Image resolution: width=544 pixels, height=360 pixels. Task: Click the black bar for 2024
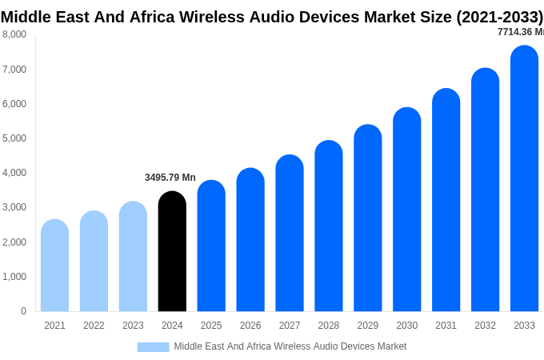pyautogui.click(x=172, y=251)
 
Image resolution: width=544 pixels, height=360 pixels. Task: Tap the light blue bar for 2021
pyautogui.click(x=54, y=266)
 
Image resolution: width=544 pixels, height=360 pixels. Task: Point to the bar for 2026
pyautogui.click(x=250, y=240)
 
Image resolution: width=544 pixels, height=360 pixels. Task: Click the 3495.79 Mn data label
pyautogui.click(x=170, y=178)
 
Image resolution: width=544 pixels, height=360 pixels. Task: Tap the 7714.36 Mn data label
pyautogui.click(x=520, y=32)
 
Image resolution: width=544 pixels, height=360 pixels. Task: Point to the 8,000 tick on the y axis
pyautogui.click(x=14, y=34)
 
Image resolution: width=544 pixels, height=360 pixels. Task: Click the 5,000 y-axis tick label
pyautogui.click(x=14, y=138)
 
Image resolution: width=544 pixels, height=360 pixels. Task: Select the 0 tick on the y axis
pyautogui.click(x=23, y=311)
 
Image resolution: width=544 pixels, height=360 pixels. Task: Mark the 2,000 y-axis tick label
pyautogui.click(x=14, y=242)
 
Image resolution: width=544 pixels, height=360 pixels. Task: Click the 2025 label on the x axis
pyautogui.click(x=211, y=326)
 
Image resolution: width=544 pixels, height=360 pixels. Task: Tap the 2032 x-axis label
pyautogui.click(x=485, y=326)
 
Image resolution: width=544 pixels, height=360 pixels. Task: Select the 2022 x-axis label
pyautogui.click(x=94, y=326)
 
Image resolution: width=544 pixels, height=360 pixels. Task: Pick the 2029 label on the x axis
pyautogui.click(x=367, y=326)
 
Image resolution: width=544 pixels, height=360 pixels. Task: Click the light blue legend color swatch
pyautogui.click(x=153, y=347)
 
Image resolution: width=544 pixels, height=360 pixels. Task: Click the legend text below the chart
pyautogui.click(x=290, y=346)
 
